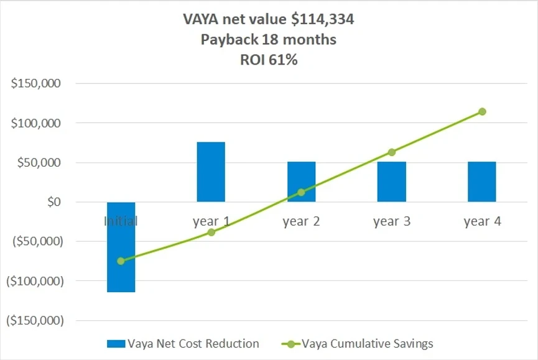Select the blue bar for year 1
211,172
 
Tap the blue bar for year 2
301,182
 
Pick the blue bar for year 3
392,182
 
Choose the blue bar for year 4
482,182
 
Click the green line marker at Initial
121,261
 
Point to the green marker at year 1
211,232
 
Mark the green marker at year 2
301,192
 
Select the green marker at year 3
392,152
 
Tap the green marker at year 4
482,112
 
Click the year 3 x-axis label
392,221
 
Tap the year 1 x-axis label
211,221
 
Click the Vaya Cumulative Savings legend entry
367,343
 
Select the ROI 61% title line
269,61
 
